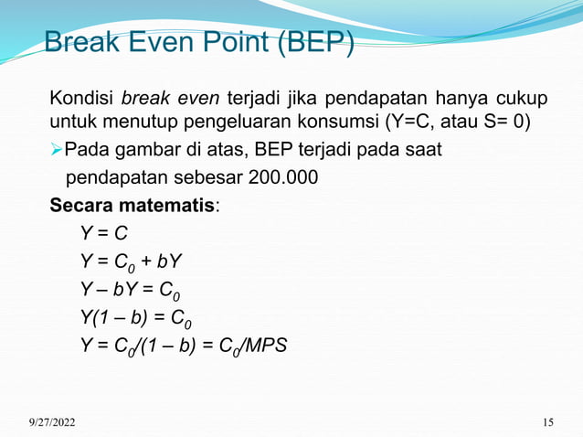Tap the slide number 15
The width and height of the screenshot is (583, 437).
[x=548, y=421]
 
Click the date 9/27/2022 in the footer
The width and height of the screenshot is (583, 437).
[x=51, y=421]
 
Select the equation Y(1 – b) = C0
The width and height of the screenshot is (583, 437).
[x=136, y=319]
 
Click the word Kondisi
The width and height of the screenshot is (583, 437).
[x=82, y=98]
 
